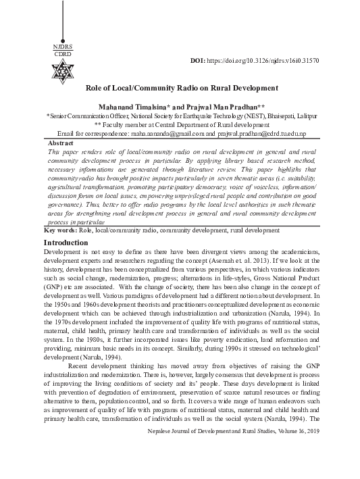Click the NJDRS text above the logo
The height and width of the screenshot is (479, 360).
[61, 46]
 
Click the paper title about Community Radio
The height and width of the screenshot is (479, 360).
[182, 88]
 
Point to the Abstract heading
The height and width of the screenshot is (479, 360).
[61, 144]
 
